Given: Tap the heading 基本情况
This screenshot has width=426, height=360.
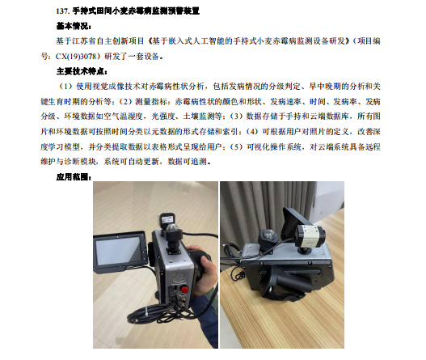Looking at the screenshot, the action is [x=72, y=27].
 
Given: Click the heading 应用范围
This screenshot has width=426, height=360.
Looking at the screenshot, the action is [x=72, y=177].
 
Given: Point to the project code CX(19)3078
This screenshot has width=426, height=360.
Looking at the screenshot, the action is [x=76, y=57].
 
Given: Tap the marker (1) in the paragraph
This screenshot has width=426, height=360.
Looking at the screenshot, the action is [x=65, y=87].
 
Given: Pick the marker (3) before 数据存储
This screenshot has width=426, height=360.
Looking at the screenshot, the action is [x=236, y=116].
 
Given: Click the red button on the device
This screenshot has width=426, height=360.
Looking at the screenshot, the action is [x=184, y=289].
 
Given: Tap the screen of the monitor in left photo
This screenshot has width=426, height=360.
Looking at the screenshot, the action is [x=119, y=251].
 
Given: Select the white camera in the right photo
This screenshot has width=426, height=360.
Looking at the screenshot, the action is [x=310, y=236].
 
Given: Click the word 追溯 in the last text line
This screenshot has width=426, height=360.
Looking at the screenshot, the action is [x=200, y=162].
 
